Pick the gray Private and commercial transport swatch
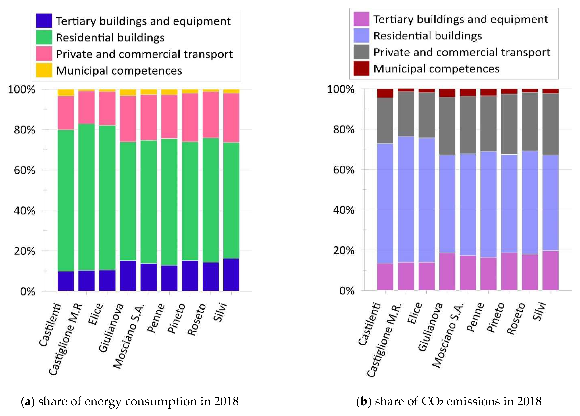pos(361,52)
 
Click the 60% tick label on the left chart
pos(24,170)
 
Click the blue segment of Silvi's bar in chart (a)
pos(231,275)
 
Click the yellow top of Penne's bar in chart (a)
pos(169,92)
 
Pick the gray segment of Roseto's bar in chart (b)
pos(530,121)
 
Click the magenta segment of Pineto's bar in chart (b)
pos(509,271)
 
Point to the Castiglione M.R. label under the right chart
pos(384,340)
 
